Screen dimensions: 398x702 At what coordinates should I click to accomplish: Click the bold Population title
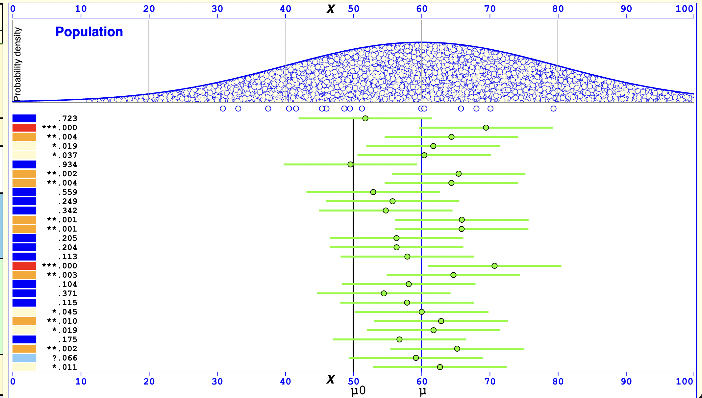tap(89, 32)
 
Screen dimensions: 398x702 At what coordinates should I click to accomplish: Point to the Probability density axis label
tap(17, 64)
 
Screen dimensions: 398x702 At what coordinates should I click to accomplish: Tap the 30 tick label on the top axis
tap(217, 9)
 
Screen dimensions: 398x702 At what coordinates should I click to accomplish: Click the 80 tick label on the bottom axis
tap(558, 382)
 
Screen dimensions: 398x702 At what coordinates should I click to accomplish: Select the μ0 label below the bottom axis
tap(358, 391)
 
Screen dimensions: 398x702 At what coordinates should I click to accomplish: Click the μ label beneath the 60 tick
tap(422, 391)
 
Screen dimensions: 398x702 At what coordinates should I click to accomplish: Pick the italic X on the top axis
tap(330, 9)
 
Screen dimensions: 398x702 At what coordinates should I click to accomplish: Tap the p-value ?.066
tap(65, 358)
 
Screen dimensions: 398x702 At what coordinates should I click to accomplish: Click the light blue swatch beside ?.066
tap(24, 358)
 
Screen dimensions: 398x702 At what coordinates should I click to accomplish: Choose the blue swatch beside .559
tap(24, 192)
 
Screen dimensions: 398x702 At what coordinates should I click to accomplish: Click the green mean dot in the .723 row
tap(365, 118)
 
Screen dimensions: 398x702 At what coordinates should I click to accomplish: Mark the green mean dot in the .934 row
tap(350, 164)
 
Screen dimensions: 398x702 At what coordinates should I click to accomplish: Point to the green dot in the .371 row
tap(384, 293)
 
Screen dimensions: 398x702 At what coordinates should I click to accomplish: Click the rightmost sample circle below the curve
tap(553, 109)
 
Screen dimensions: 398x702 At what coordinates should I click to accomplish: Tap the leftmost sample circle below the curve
tap(223, 109)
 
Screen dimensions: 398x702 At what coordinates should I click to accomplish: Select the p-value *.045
tap(65, 312)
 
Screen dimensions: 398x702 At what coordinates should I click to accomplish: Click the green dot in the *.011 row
tap(440, 367)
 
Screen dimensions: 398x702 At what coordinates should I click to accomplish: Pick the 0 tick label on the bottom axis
tap(13, 382)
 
